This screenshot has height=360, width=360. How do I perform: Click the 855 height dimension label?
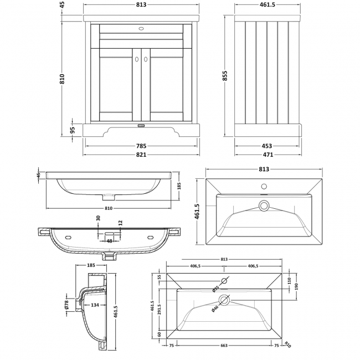(x=225, y=78)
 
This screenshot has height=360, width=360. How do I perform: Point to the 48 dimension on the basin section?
(x=109, y=241)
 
